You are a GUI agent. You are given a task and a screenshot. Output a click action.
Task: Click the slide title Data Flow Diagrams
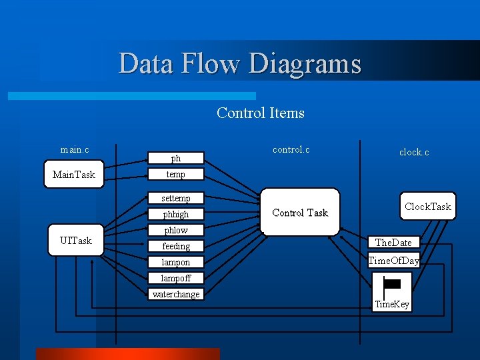click(x=240, y=64)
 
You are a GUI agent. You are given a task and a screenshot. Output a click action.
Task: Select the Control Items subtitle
click(x=261, y=113)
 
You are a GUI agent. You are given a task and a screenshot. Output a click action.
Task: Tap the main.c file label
click(x=75, y=149)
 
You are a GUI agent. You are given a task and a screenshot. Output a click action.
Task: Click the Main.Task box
click(x=74, y=175)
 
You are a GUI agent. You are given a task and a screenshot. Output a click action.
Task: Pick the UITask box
click(x=76, y=240)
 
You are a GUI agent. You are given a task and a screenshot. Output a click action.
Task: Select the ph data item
click(x=176, y=159)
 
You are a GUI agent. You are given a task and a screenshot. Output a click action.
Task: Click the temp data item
click(x=176, y=174)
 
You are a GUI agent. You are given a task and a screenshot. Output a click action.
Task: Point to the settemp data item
click(x=176, y=198)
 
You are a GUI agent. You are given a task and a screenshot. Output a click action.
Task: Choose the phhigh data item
click(x=176, y=214)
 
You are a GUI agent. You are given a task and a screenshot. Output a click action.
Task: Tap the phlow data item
click(x=176, y=230)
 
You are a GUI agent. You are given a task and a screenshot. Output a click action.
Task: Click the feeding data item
click(x=176, y=246)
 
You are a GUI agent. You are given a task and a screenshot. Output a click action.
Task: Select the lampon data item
click(x=176, y=262)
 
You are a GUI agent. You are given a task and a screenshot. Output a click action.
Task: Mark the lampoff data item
click(x=176, y=278)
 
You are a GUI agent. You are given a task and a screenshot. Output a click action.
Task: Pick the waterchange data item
click(x=176, y=294)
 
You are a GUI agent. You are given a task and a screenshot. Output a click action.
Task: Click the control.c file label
click(x=291, y=149)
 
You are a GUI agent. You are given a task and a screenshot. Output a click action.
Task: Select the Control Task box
click(x=300, y=213)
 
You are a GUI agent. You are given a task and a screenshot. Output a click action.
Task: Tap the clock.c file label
click(x=414, y=152)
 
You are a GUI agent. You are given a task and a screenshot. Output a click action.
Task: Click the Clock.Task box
click(x=427, y=207)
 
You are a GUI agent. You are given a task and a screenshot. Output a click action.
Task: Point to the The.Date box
click(x=393, y=243)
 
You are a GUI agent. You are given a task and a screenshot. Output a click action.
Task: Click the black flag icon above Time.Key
click(x=392, y=285)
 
